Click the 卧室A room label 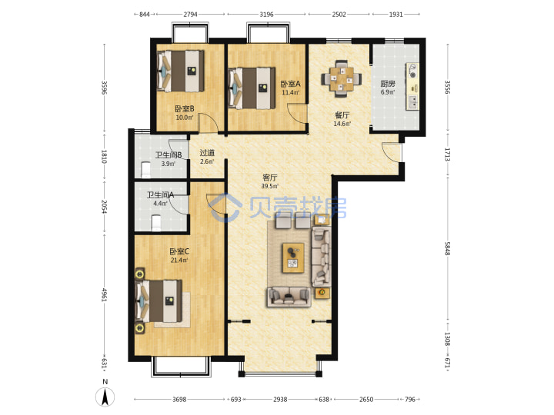[x=290, y=84]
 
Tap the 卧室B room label [x=185, y=109]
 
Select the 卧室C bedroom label [x=179, y=251]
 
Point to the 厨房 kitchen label [x=388, y=84]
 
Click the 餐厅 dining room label [x=342, y=115]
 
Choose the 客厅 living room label [x=270, y=178]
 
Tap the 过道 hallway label [x=207, y=153]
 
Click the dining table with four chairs [x=342, y=78]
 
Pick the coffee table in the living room [x=293, y=257]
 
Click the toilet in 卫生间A [x=156, y=223]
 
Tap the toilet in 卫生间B [x=145, y=170]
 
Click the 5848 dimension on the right [x=448, y=249]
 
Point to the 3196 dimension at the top [x=266, y=15]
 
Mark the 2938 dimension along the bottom [x=280, y=400]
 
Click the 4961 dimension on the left [x=105, y=295]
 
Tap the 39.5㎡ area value [x=270, y=186]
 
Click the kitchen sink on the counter [x=412, y=102]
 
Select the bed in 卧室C [x=159, y=301]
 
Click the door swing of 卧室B [x=208, y=122]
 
